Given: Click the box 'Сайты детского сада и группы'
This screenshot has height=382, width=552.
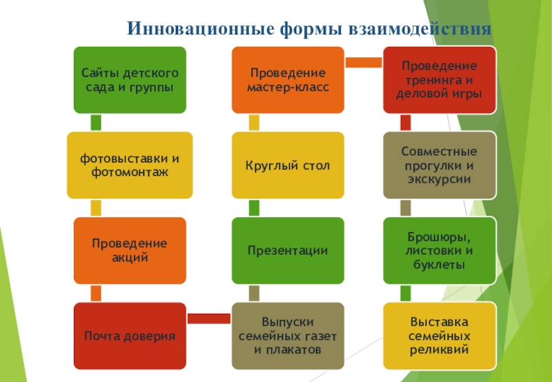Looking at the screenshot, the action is coord(130,80).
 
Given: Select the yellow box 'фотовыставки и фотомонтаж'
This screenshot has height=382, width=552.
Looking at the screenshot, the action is coord(130,165).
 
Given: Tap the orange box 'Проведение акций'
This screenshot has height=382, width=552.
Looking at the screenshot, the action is coord(130,250).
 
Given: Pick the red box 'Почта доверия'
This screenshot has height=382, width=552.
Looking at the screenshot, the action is coord(130,336).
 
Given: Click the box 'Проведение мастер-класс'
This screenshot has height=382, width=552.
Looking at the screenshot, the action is coord(287,80).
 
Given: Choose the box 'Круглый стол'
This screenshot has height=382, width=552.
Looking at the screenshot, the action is coord(287,165).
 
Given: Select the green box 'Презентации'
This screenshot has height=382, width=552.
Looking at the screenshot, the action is coord(287,250).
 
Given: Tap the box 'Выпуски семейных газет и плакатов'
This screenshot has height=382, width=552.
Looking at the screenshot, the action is coord(287,336).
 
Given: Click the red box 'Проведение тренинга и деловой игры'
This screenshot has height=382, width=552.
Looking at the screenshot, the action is coord(440,80).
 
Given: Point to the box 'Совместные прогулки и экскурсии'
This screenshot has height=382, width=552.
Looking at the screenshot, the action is coord(440,165).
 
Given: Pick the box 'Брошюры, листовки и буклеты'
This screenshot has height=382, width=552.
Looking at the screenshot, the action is coord(440,250).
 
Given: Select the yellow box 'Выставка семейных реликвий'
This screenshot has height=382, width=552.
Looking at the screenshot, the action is coord(440,336).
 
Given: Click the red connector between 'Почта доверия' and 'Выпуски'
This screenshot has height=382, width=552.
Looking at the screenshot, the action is coord(208,318).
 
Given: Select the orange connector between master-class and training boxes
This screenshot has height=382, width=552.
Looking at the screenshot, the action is coord(363,63).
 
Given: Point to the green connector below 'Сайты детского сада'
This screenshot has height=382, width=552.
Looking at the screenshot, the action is coord(96,123).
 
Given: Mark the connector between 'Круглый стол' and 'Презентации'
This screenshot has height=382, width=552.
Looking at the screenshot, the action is coord(254,208).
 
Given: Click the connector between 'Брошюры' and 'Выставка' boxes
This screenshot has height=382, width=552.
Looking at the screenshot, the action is coord(406,293).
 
